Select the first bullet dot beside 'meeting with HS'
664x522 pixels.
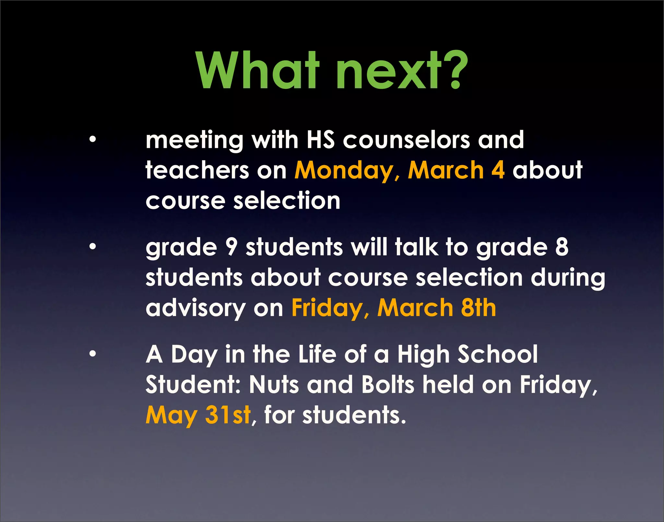point(93,140)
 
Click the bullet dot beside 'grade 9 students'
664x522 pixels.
point(93,247)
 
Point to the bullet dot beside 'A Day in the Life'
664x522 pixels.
point(93,354)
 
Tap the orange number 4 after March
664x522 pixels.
point(498,170)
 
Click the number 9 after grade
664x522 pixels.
point(231,247)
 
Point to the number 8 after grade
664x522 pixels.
point(562,247)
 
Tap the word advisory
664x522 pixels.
point(196,309)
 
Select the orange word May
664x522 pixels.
point(172,416)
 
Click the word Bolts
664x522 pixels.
point(388,385)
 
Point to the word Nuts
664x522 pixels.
point(274,385)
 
